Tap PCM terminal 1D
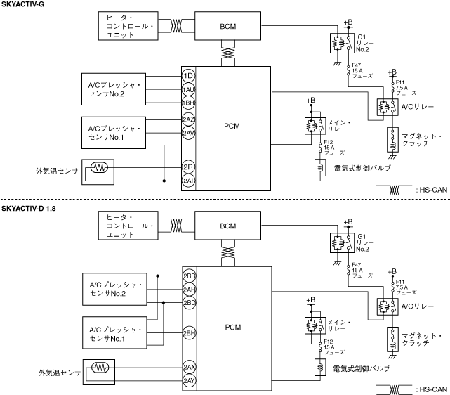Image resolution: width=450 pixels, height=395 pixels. pos(188,75)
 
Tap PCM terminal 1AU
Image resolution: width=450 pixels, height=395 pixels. pos(188,89)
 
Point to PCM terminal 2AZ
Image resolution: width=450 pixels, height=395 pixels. pos(188,120)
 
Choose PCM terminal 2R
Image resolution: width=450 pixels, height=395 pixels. pos(188,167)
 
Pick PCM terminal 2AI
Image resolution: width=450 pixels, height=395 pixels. pos(188,181)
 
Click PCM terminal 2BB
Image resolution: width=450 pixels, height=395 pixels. pos(189,276)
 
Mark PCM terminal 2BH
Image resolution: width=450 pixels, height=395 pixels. pos(189,332)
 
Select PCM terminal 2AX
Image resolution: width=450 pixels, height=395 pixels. pos(189,367)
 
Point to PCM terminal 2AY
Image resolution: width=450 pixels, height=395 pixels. pos(189,380)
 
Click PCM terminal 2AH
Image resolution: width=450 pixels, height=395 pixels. pos(189,290)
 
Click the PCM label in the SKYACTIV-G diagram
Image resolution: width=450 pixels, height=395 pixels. pos(232,126)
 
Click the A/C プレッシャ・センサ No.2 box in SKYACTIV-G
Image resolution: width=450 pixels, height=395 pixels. pos(115,89)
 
